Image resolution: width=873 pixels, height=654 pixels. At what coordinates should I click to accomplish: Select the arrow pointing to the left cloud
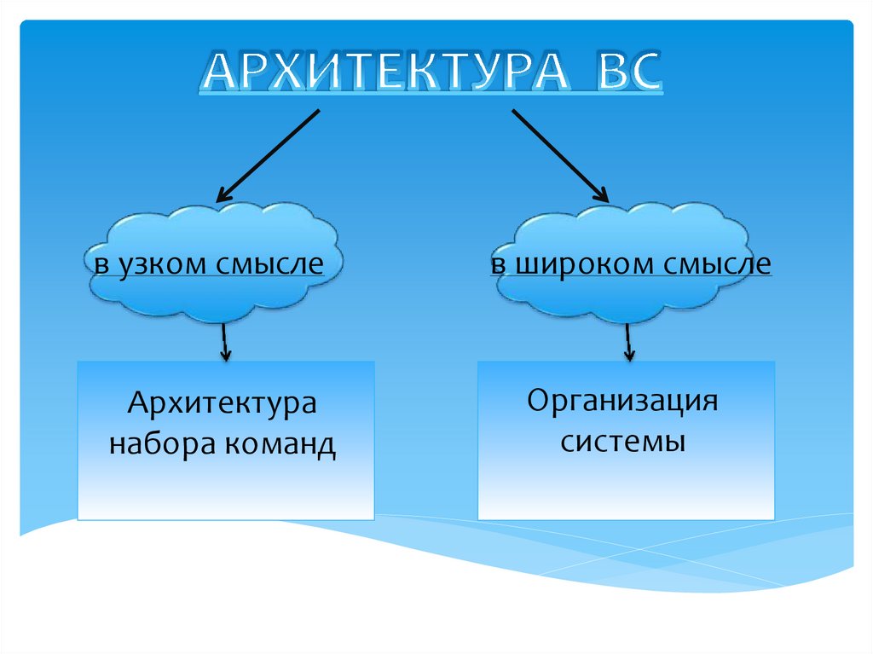pos(269,154)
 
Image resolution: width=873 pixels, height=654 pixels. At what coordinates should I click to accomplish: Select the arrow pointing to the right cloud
pos(559,154)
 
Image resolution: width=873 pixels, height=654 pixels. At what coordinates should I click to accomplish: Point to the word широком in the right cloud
pos(579,264)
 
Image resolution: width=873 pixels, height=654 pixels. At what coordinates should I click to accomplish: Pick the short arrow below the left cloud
pos(224,342)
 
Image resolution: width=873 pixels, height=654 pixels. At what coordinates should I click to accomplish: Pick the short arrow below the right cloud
pos(629,342)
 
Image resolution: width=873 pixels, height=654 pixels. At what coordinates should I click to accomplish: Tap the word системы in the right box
pos(623,443)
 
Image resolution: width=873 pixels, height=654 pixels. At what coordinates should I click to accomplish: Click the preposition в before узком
pos(101,265)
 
